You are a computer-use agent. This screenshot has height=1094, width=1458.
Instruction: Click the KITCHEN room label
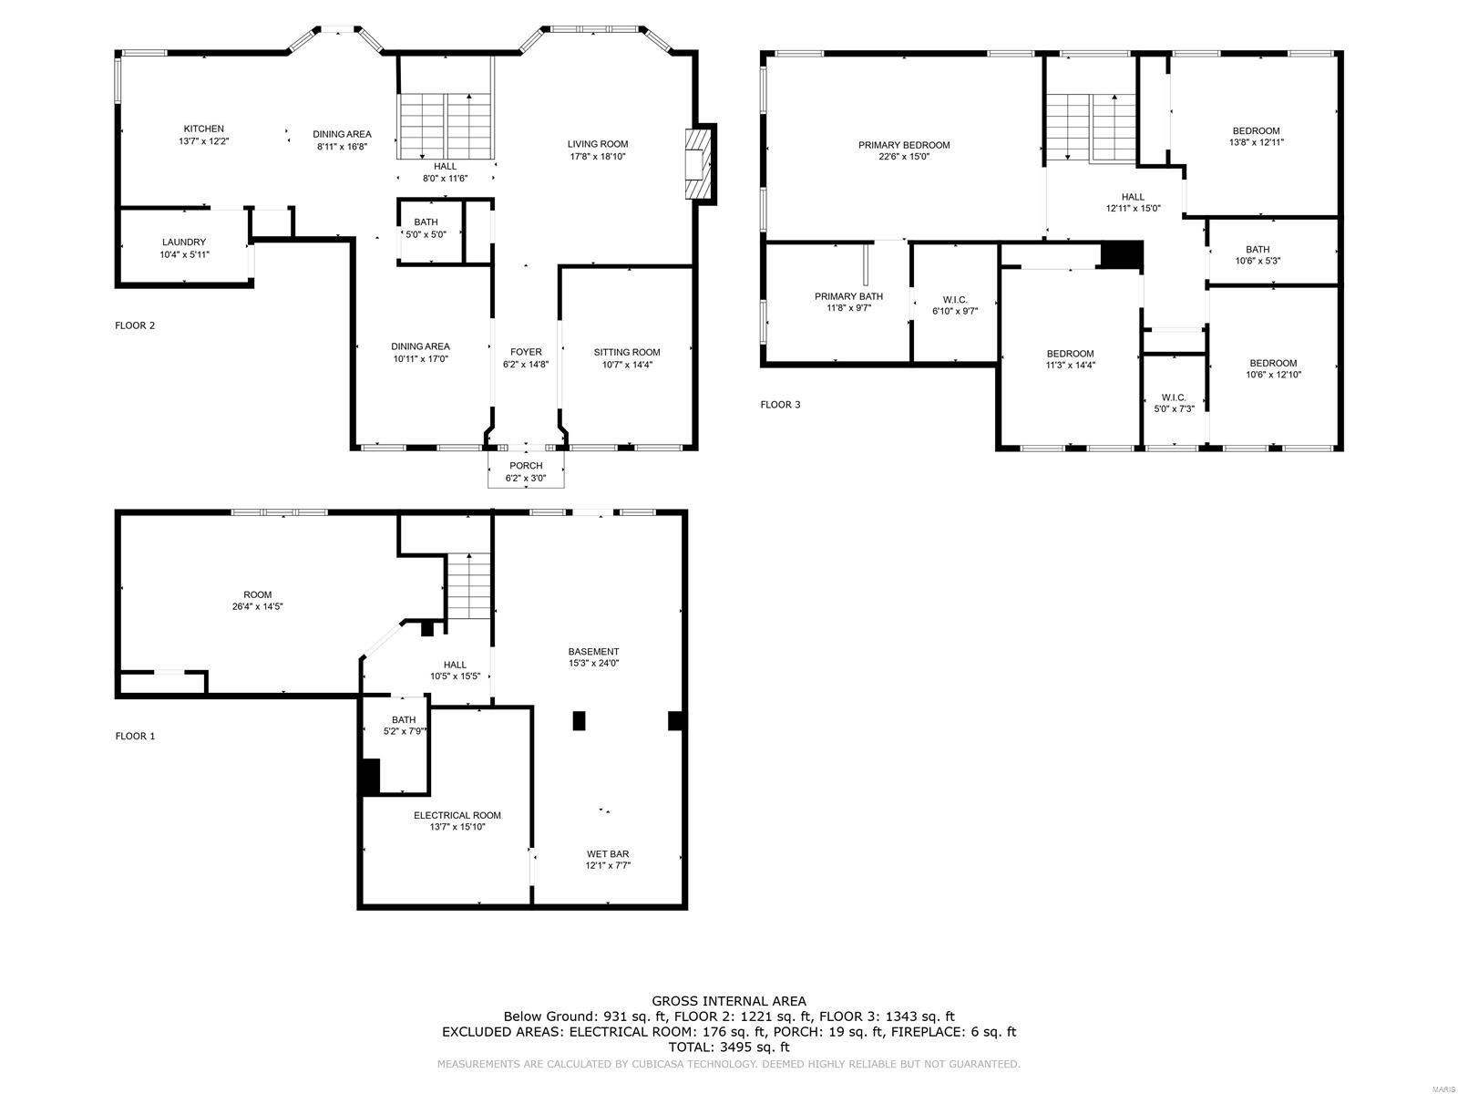pyautogui.click(x=203, y=129)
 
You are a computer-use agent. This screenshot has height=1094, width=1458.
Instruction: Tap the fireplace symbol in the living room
pyautogui.click(x=699, y=164)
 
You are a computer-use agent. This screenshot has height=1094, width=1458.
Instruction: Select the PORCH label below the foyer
pyautogui.click(x=526, y=466)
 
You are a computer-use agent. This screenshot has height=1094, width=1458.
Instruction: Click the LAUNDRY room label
pyautogui.click(x=184, y=242)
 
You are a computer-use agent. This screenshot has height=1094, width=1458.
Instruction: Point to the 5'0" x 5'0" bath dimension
pyautogui.click(x=426, y=234)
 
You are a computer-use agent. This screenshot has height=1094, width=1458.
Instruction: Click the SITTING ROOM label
pyautogui.click(x=627, y=352)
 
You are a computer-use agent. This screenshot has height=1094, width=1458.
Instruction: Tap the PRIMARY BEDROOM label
pyautogui.click(x=904, y=145)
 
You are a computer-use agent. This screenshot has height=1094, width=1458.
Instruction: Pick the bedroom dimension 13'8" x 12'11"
pyautogui.click(x=1257, y=142)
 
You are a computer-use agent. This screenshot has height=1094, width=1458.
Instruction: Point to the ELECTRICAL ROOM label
pyautogui.click(x=457, y=815)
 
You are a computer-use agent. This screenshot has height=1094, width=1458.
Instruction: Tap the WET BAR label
pyautogui.click(x=608, y=854)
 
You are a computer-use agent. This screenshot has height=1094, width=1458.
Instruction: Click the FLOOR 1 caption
pyautogui.click(x=135, y=736)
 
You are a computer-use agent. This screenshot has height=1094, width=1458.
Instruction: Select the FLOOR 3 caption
pyautogui.click(x=780, y=404)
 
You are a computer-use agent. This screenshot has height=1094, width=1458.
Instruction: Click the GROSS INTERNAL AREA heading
pyautogui.click(x=729, y=1001)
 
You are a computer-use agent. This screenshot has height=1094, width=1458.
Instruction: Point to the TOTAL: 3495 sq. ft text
pyautogui.click(x=729, y=1048)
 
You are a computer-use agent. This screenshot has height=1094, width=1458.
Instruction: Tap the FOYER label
pyautogui.click(x=526, y=352)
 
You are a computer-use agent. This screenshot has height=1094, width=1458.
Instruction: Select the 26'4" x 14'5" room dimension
pyautogui.click(x=258, y=606)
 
